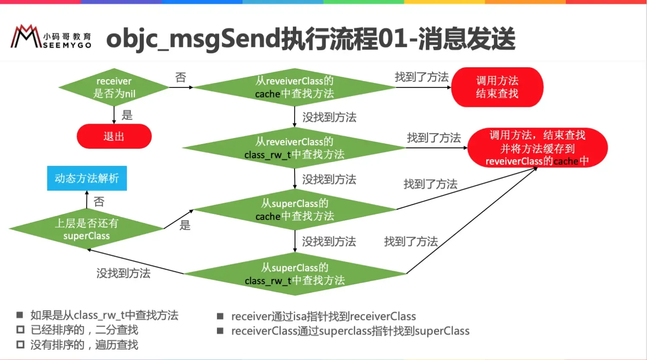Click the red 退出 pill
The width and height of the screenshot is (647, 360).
[x=114, y=136]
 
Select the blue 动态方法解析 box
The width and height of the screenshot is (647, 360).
[x=87, y=178]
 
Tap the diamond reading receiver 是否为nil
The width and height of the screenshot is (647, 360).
[x=114, y=88]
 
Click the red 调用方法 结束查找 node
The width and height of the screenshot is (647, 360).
[x=497, y=87]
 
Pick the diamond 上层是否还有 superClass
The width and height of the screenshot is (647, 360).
[x=86, y=229]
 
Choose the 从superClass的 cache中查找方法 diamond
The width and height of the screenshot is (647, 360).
[x=295, y=210]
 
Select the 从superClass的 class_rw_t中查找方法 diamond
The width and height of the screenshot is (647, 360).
[x=295, y=274]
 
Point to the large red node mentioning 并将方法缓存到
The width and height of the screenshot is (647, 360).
[x=537, y=148]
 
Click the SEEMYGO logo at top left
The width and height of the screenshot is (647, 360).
[x=51, y=37]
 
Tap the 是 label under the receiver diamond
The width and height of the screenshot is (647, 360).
[x=127, y=115]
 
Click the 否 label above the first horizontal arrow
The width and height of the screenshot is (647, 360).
[x=181, y=77]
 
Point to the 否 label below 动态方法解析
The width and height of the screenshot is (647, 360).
[x=99, y=201]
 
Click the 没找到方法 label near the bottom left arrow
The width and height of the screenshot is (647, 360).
[x=123, y=273]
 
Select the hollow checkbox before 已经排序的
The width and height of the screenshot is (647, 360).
[x=20, y=330]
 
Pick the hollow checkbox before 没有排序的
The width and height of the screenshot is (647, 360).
[x=20, y=344]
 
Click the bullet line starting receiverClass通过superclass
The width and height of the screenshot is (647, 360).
[x=350, y=331]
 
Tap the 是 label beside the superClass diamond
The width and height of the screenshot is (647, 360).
[x=185, y=225]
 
